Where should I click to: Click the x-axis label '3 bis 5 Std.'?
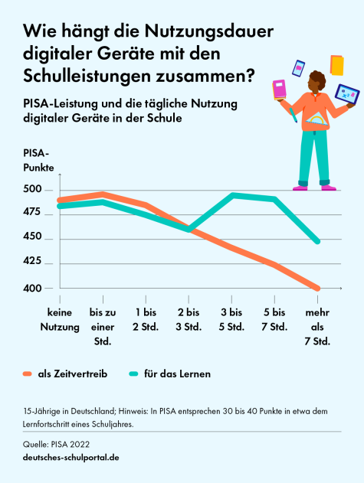click(x=232, y=320)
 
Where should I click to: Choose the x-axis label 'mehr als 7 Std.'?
click(x=317, y=327)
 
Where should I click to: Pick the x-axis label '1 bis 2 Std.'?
click(x=146, y=320)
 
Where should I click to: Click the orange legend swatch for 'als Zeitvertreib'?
click(x=27, y=374)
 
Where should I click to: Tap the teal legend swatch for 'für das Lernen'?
click(x=134, y=374)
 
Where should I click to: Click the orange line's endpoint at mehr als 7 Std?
click(x=317, y=289)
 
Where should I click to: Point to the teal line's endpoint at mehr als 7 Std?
click(x=317, y=241)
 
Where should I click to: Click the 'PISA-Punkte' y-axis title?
click(x=38, y=160)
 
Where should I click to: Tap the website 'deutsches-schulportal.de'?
click(x=71, y=457)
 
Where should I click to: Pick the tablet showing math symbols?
click(x=346, y=95)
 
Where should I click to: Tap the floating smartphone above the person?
click(x=299, y=68)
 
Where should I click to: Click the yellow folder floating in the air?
click(x=336, y=64)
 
